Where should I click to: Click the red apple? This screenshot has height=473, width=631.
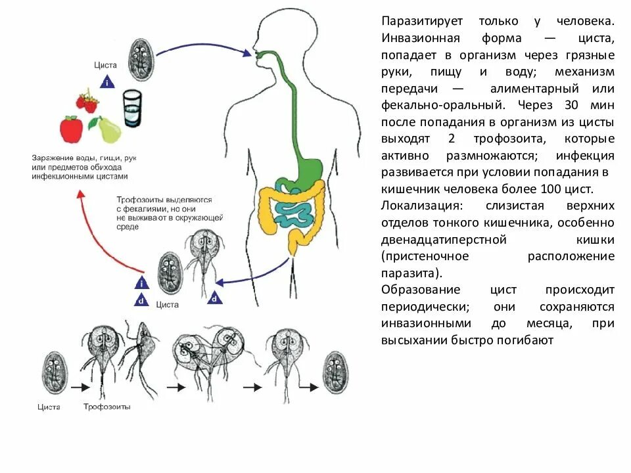[71, 129]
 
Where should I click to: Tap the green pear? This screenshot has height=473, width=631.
[108, 129]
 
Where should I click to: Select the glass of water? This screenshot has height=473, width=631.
[132, 108]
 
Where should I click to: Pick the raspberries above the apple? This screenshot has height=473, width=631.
[87, 101]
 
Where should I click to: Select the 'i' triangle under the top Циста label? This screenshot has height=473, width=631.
[106, 83]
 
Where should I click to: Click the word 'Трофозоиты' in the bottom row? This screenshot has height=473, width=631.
[106, 407]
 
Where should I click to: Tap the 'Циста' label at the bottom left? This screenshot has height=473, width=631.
[49, 407]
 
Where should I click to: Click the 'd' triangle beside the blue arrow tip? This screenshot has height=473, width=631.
[214, 298]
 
